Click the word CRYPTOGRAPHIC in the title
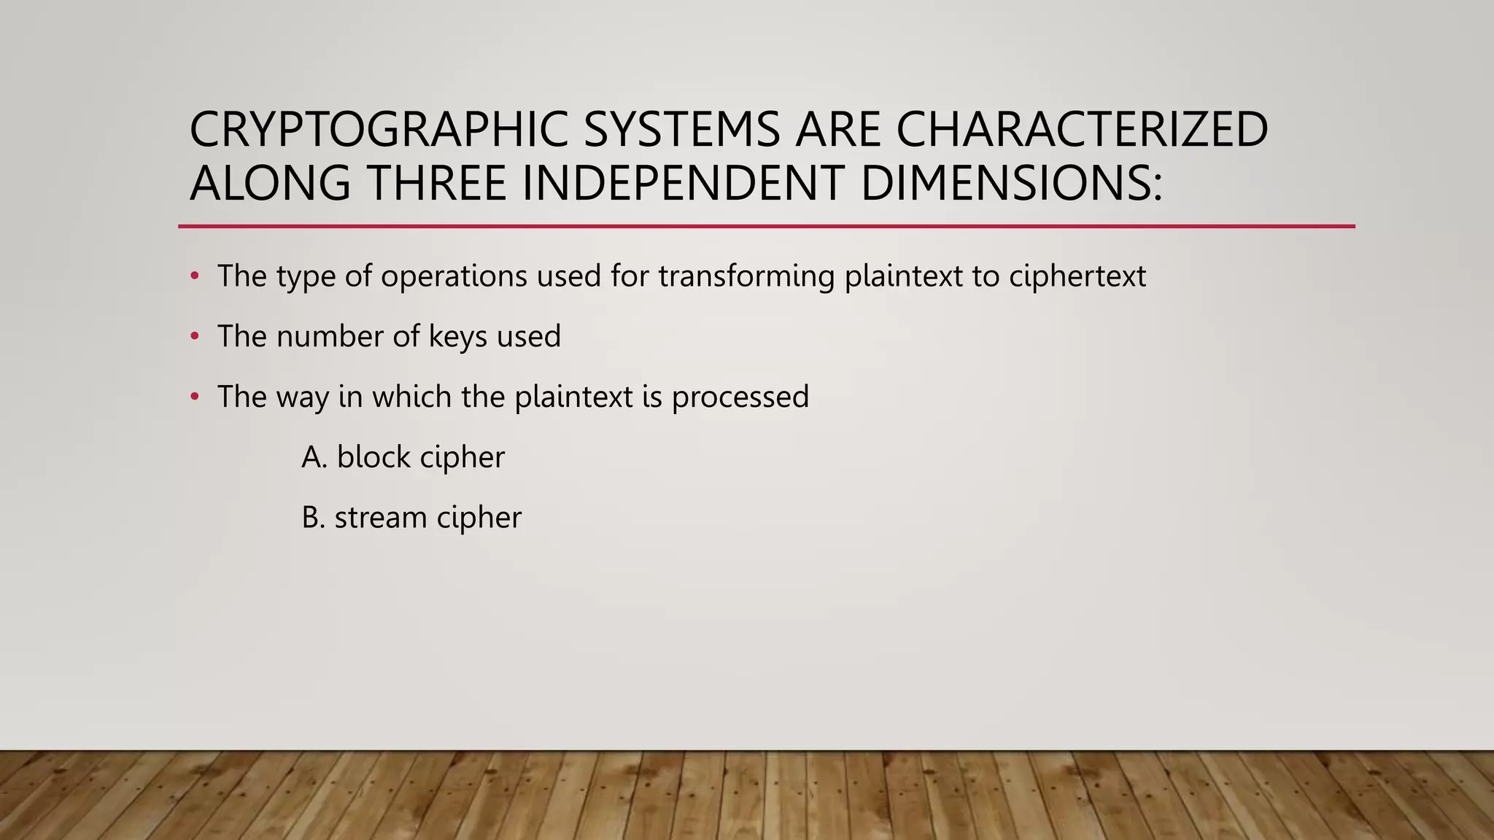tap(379, 130)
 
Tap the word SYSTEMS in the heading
tap(681, 130)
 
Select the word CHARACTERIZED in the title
tap(1082, 130)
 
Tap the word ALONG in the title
tap(270, 183)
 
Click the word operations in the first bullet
tap(454, 277)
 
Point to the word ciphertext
tap(1077, 277)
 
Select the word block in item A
tap(373, 457)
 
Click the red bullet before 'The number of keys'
tap(194, 336)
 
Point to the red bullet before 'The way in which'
tap(194, 397)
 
